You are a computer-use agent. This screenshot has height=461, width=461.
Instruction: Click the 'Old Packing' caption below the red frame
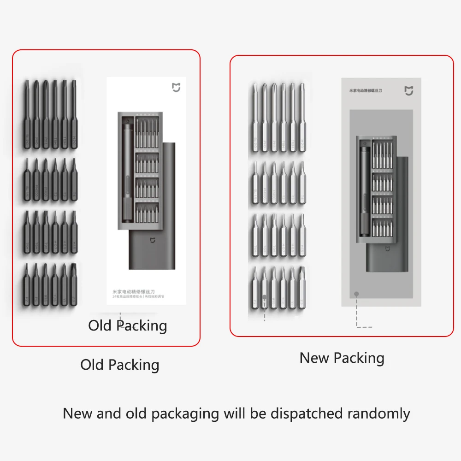tap(120, 365)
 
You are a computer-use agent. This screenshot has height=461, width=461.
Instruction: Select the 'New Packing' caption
tap(342, 358)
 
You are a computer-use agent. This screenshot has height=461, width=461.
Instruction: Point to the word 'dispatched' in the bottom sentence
tap(307, 413)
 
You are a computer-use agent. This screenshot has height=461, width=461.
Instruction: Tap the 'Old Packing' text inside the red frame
tap(128, 325)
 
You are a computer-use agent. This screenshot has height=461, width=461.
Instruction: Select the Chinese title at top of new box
tap(366, 91)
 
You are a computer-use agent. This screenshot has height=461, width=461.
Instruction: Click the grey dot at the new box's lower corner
tap(356, 294)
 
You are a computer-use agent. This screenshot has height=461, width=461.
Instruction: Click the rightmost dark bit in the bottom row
tap(72, 284)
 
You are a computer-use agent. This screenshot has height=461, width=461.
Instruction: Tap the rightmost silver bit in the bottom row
tap(301, 288)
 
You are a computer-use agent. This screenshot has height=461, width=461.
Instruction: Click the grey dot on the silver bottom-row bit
tap(265, 297)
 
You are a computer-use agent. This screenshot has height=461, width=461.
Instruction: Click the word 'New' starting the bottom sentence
tap(77, 413)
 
